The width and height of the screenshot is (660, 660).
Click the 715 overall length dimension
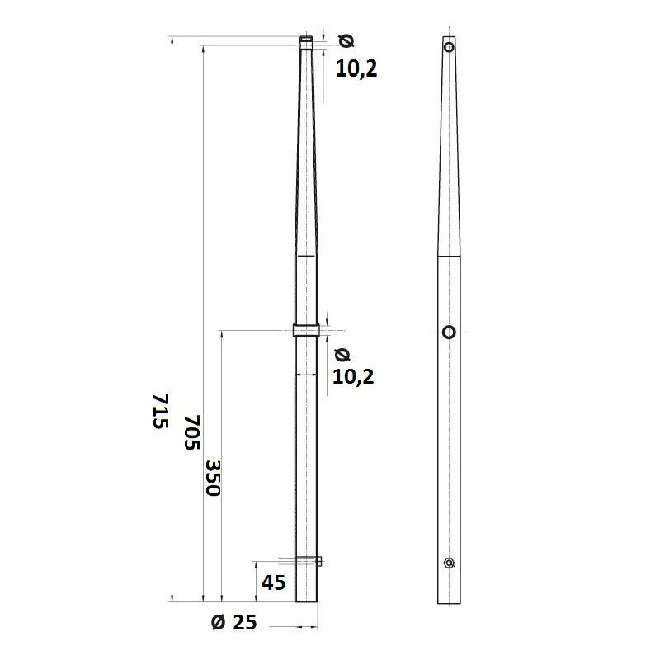click(x=160, y=410)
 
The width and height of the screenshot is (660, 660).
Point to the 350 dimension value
click(x=212, y=478)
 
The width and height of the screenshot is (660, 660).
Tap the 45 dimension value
click(x=273, y=582)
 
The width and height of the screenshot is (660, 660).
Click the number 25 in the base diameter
click(x=245, y=623)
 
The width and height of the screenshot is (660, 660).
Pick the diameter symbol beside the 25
click(x=218, y=623)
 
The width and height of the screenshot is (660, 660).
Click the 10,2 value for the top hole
click(x=356, y=69)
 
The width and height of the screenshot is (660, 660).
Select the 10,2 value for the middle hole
click(x=353, y=377)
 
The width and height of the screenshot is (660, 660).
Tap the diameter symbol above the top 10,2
click(x=346, y=40)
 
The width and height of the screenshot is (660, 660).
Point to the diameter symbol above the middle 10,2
click(x=342, y=355)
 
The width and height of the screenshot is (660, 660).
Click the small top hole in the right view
click(x=449, y=47)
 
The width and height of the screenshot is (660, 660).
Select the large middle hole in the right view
click(x=449, y=332)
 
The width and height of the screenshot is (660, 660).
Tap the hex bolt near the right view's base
click(x=448, y=563)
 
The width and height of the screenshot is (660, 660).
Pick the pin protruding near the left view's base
click(x=319, y=562)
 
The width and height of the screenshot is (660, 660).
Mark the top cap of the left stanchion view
click(x=306, y=39)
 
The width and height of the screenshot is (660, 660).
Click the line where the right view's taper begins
click(x=449, y=257)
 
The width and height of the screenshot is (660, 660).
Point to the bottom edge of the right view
click(x=449, y=603)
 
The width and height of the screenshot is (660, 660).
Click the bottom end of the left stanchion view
click(x=306, y=602)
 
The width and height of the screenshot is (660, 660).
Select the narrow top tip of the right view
click(x=449, y=37)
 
